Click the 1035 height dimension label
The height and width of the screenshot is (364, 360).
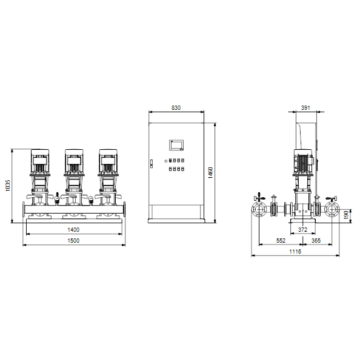(8, 185)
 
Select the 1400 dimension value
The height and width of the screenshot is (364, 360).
(73, 229)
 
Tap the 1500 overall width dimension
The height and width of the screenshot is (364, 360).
(73, 240)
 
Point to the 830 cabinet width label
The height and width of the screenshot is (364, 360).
(176, 108)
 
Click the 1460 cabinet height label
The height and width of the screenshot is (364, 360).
(210, 173)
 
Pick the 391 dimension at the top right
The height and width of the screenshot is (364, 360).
(305, 108)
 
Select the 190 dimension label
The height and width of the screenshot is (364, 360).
(346, 215)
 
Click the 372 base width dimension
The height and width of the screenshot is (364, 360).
(302, 229)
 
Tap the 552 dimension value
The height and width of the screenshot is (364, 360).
(281, 240)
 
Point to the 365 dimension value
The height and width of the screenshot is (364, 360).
(316, 240)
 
